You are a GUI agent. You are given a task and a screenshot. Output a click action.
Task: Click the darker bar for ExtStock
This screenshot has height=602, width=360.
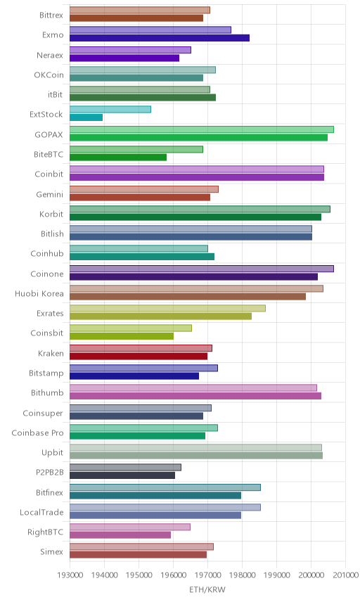[x=86, y=117]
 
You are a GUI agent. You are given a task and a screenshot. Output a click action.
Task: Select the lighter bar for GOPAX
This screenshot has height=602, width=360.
[x=202, y=129]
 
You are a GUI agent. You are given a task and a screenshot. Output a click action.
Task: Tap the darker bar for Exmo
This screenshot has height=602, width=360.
[x=160, y=38]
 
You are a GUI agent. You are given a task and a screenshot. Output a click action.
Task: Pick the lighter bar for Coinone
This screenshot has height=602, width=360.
[x=202, y=269]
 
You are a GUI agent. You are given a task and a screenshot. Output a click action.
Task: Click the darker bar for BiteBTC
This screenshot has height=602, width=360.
[x=118, y=157]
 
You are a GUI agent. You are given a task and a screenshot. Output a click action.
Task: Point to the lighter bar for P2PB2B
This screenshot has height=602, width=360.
[x=125, y=467]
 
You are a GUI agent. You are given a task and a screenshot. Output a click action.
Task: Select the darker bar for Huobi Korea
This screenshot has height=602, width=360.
[x=188, y=296]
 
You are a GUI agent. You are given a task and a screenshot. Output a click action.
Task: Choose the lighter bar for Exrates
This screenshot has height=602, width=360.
[x=168, y=308]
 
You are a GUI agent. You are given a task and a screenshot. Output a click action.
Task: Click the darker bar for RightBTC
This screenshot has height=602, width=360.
[x=120, y=534]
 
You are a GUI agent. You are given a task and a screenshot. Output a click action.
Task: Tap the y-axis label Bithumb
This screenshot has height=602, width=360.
[x=47, y=392]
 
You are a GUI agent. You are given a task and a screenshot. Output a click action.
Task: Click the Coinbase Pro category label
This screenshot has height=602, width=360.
[x=37, y=433]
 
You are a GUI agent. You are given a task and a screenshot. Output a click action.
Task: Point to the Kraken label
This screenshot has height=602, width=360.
[x=51, y=353]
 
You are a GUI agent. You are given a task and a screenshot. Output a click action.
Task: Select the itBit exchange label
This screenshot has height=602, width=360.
[x=56, y=94]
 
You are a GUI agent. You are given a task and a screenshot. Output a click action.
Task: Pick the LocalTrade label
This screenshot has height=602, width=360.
[x=41, y=512]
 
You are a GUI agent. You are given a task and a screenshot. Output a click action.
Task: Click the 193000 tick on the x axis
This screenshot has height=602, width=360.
[x=70, y=575]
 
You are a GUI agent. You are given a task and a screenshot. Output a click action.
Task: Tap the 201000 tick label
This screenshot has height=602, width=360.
[x=345, y=575]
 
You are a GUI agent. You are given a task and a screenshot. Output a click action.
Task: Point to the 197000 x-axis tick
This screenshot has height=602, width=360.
[x=207, y=575]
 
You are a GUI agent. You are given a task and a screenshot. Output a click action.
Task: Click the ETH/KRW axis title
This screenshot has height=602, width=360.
[x=207, y=589]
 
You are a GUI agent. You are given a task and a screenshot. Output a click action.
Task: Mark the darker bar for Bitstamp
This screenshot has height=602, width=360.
[x=134, y=376]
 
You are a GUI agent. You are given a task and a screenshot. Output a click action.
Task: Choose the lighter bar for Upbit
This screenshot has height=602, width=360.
[x=195, y=447]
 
